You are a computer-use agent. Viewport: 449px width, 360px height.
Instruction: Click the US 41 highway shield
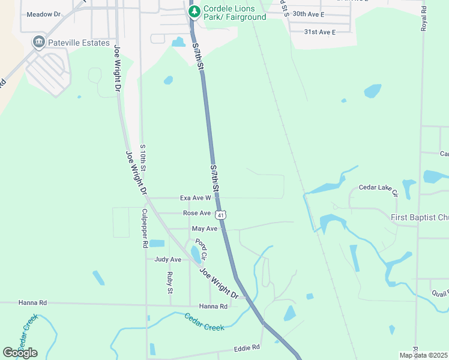pyautogui.click(x=221, y=214)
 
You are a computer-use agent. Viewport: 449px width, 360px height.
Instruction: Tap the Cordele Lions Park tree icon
pyautogui.click(x=194, y=11)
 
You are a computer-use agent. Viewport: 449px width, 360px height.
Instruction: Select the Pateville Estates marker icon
pyautogui.click(x=39, y=41)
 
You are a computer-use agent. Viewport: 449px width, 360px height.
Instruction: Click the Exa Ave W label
pyautogui.click(x=196, y=197)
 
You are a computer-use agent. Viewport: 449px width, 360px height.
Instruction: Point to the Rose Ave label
pyautogui.click(x=197, y=213)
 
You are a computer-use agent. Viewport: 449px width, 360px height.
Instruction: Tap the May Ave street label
pyautogui.click(x=204, y=229)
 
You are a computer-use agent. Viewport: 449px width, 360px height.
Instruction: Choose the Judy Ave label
pyautogui.click(x=167, y=259)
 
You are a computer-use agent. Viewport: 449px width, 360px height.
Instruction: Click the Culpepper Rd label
pyautogui.click(x=145, y=229)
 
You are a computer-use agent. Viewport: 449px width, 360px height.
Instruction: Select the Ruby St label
pyautogui.click(x=170, y=283)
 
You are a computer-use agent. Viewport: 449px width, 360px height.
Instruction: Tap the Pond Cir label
pyautogui.click(x=200, y=248)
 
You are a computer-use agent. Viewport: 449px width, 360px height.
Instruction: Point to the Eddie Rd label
pyautogui.click(x=247, y=347)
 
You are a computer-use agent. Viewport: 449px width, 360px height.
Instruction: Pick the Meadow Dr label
pyautogui.click(x=44, y=13)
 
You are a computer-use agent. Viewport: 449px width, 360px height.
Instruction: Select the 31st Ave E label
pyautogui.click(x=319, y=31)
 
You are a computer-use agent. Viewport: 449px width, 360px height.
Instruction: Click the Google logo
pyautogui.click(x=20, y=353)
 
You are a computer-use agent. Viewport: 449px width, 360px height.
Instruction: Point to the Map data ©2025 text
pyautogui.click(x=423, y=355)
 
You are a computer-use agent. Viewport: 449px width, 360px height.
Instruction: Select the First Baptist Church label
pyautogui.click(x=420, y=217)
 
